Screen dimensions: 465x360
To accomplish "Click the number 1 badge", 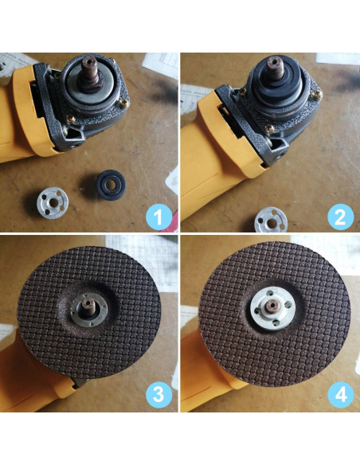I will (158, 215).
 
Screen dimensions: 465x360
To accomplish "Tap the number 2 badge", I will (340, 215).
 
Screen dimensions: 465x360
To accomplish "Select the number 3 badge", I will (158, 394).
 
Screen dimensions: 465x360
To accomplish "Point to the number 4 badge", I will (340, 394).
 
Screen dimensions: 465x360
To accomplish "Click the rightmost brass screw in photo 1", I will (122, 101).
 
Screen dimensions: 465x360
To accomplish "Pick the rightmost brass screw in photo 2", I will (317, 95).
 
